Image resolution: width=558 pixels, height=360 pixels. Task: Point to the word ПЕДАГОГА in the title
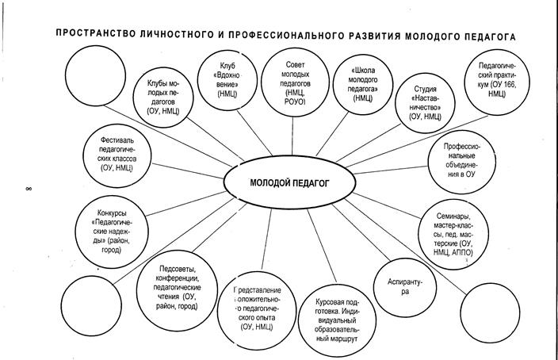pos(489,36)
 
